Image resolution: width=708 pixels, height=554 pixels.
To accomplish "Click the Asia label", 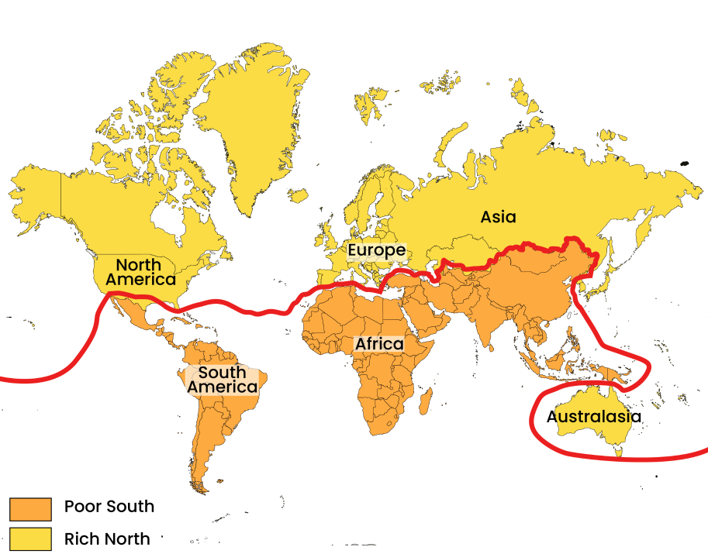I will [498, 217].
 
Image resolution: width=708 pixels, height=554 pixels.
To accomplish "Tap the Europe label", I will [376, 251].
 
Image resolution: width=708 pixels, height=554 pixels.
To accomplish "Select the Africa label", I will [379, 343].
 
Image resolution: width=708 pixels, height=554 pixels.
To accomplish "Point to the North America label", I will [141, 272].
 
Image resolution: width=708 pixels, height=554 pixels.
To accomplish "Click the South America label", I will [223, 380].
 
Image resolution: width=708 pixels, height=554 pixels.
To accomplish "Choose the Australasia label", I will [594, 417].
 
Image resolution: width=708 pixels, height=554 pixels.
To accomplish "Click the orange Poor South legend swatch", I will [30, 509].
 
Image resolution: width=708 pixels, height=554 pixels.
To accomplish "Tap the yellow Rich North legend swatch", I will [30, 539].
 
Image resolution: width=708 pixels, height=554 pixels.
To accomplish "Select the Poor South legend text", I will [109, 507].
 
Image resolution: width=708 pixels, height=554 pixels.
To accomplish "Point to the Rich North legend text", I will [107, 538].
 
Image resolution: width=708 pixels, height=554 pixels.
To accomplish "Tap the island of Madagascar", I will [425, 401].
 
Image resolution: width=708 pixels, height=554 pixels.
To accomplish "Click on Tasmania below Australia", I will [619, 449].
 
